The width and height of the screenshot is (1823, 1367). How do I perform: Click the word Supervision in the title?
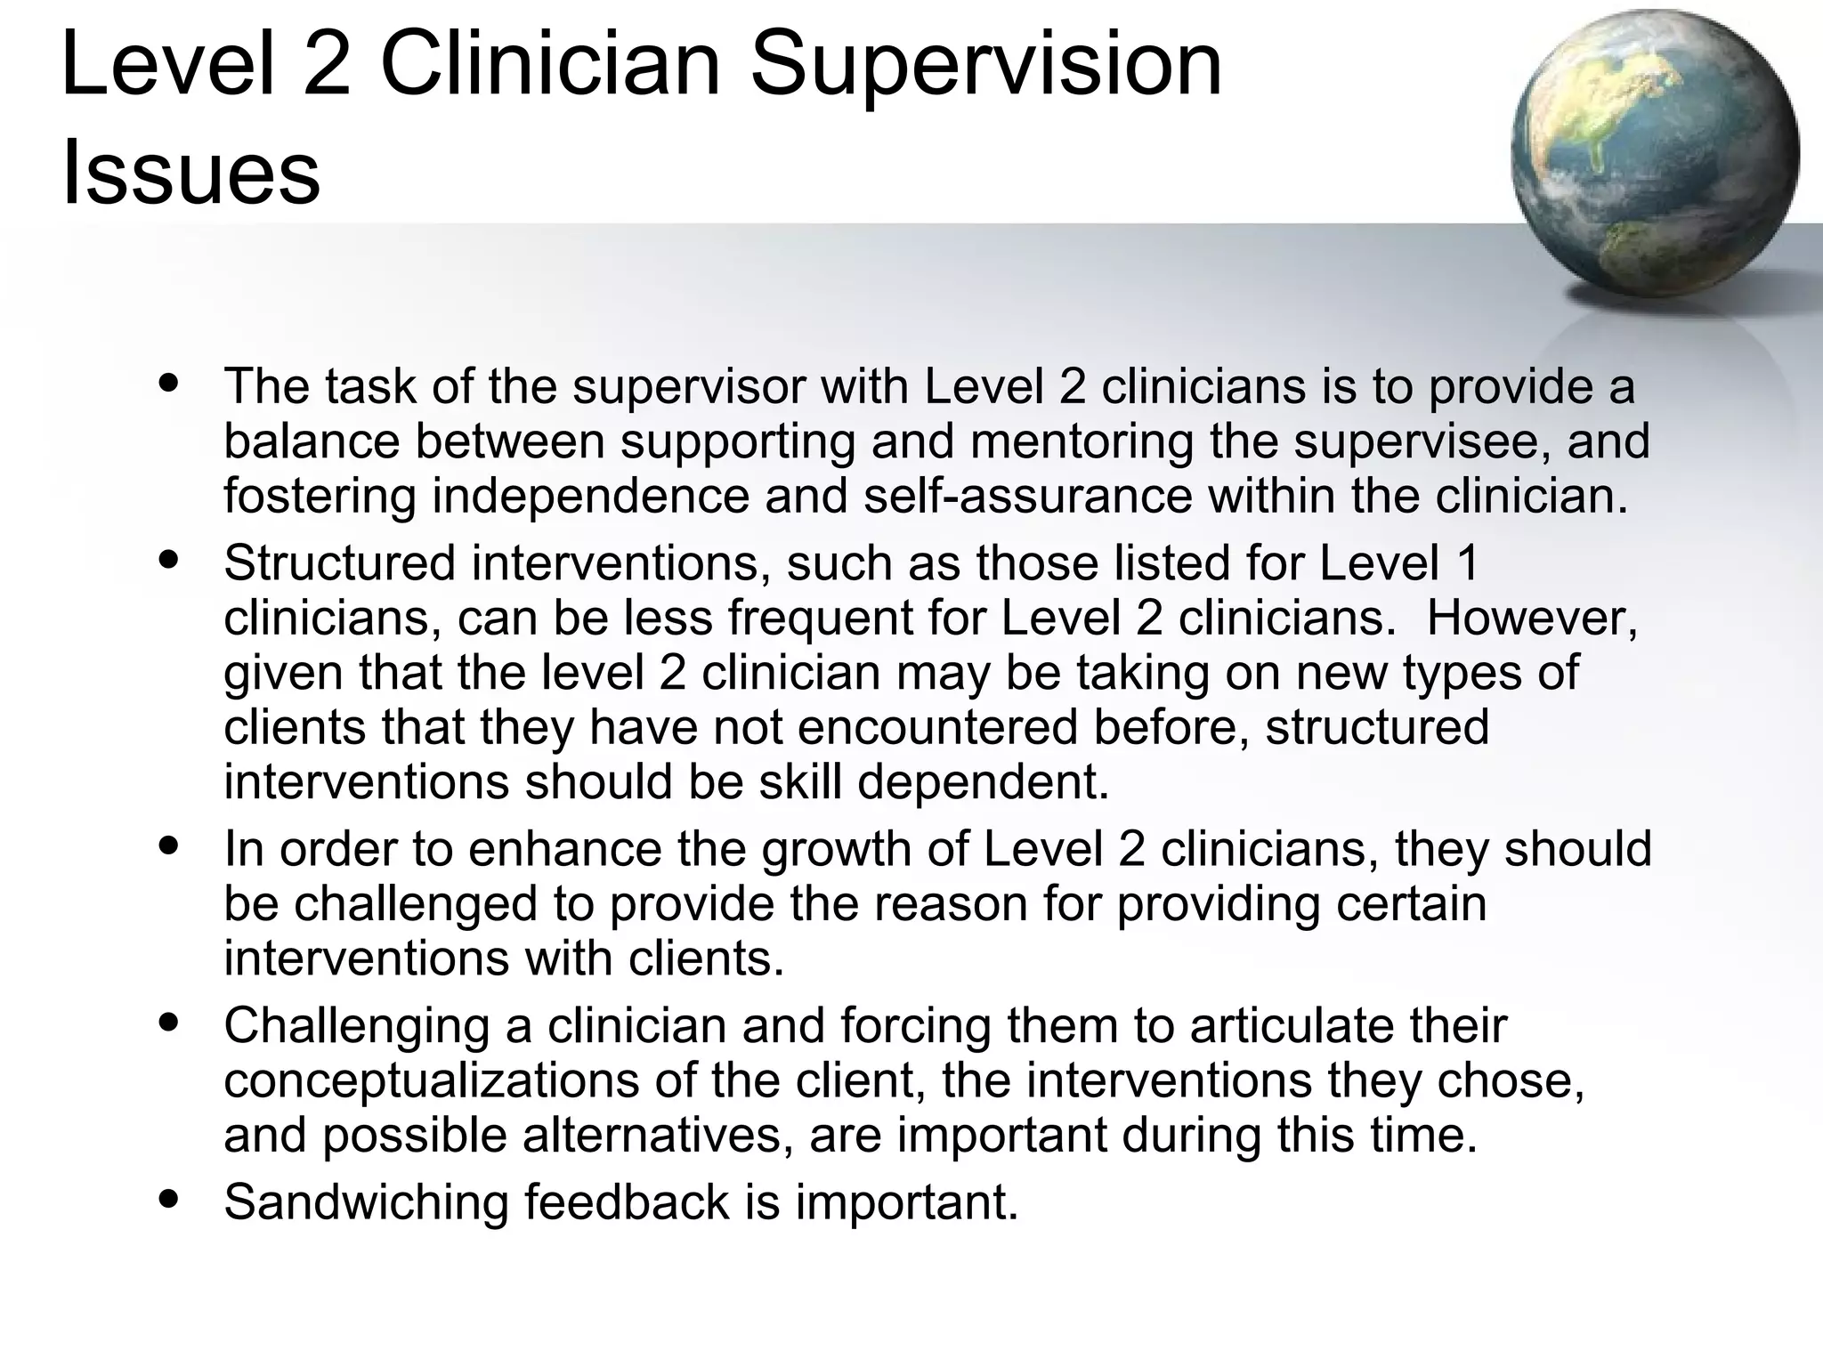986,66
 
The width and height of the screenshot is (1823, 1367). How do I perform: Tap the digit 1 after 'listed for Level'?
1469,563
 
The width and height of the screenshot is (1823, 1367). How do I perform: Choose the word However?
1531,618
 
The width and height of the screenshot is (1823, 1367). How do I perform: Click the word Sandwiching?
366,1201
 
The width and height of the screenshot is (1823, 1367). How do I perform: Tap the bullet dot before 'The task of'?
168,384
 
